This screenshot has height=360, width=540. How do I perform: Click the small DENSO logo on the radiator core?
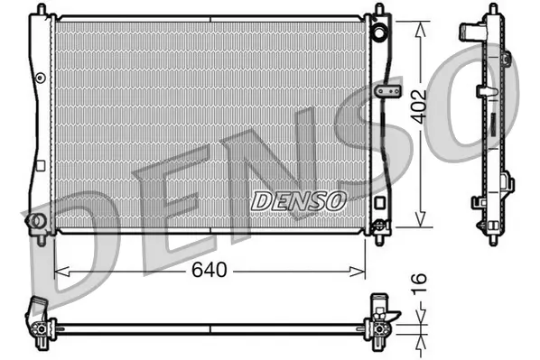coord(297,201)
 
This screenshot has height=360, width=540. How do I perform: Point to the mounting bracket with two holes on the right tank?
coord(390,91)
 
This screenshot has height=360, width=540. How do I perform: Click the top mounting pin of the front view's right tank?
coord(377,10)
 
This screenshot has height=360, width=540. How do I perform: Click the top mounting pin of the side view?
coord(492,8)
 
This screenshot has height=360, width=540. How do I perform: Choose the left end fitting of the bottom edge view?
coord(39,320)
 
